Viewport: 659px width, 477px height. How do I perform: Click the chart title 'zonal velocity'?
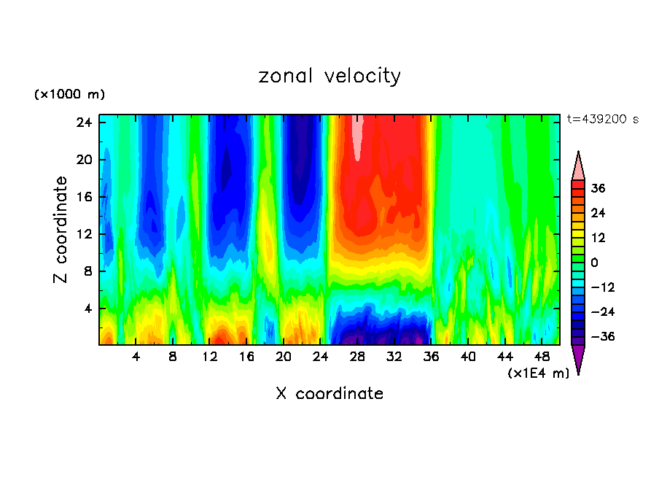pyautogui.click(x=329, y=76)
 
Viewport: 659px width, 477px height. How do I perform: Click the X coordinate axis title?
pyautogui.click(x=329, y=394)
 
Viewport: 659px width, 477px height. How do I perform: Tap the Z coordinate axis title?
pyautogui.click(x=61, y=230)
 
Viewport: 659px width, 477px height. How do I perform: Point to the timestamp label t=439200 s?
pyautogui.click(x=602, y=119)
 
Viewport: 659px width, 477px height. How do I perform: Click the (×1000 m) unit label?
pyautogui.click(x=69, y=95)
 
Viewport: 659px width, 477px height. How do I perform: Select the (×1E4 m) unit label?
pyautogui.click(x=538, y=373)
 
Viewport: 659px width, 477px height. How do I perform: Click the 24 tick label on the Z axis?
pyautogui.click(x=84, y=123)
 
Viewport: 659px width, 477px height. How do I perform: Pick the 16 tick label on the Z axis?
pyautogui.click(x=84, y=197)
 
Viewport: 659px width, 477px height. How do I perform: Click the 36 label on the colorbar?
pyautogui.click(x=598, y=188)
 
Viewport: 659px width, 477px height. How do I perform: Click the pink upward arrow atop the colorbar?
pyautogui.click(x=578, y=166)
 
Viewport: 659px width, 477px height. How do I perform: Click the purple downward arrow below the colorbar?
pyautogui.click(x=578, y=358)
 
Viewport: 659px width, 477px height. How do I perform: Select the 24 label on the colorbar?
pyautogui.click(x=598, y=213)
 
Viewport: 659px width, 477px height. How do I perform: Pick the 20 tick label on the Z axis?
pyautogui.click(x=84, y=160)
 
